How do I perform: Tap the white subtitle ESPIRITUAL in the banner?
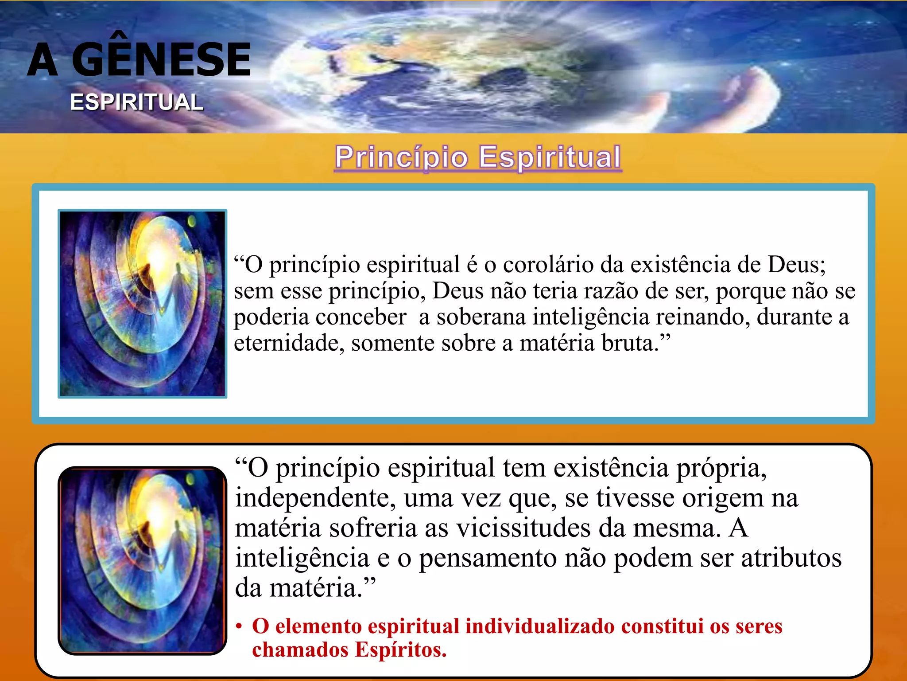pos(136,102)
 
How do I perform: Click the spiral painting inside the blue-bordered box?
pos(142,304)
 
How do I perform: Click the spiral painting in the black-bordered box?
pos(142,560)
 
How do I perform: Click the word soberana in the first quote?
pos(481,317)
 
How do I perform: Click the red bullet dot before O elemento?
pos(239,627)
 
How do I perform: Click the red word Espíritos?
pos(400,650)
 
